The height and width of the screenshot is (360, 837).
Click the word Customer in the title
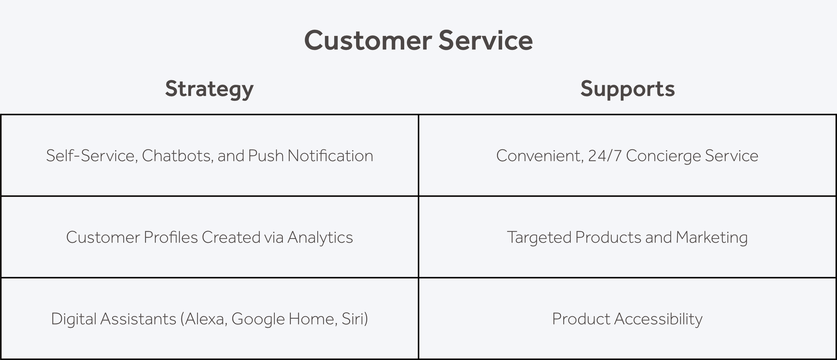pyautogui.click(x=368, y=40)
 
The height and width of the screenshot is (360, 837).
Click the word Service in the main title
pyautogui.click(x=486, y=40)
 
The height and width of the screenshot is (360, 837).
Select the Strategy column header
pyautogui.click(x=209, y=89)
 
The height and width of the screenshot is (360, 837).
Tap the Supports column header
pyautogui.click(x=627, y=89)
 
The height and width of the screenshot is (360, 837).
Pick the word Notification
pyautogui.click(x=330, y=156)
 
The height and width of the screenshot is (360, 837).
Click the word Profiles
pyautogui.click(x=171, y=237)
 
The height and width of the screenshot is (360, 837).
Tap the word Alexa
pyautogui.click(x=204, y=319)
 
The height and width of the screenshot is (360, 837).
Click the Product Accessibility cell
pyautogui.click(x=627, y=318)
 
